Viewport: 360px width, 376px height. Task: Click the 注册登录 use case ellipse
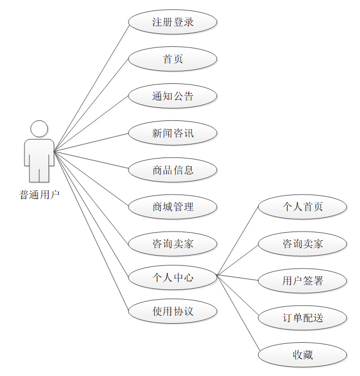point(173,22)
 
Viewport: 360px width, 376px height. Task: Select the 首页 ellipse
point(173,59)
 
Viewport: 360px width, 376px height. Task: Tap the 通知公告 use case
point(173,96)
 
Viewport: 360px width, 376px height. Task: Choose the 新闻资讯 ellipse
point(173,133)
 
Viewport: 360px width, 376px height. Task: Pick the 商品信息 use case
point(173,170)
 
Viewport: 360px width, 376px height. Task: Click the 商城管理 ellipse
point(173,207)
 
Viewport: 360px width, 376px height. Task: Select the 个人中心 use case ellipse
point(173,277)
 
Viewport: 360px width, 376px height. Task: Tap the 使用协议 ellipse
point(173,311)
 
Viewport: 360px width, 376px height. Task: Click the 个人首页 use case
point(302,207)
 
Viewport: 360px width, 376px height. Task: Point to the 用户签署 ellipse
point(302,281)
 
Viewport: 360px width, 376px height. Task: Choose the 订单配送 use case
point(302,318)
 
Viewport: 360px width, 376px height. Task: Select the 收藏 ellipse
point(302,355)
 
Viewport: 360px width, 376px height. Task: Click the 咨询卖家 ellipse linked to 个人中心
point(302,244)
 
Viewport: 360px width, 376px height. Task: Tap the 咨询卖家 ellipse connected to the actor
point(173,244)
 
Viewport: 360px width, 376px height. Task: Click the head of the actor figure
point(39,129)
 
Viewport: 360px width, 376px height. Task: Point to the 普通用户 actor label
point(39,195)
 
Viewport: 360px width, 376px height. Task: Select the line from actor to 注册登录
point(91,87)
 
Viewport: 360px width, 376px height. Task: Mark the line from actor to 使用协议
point(91,231)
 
